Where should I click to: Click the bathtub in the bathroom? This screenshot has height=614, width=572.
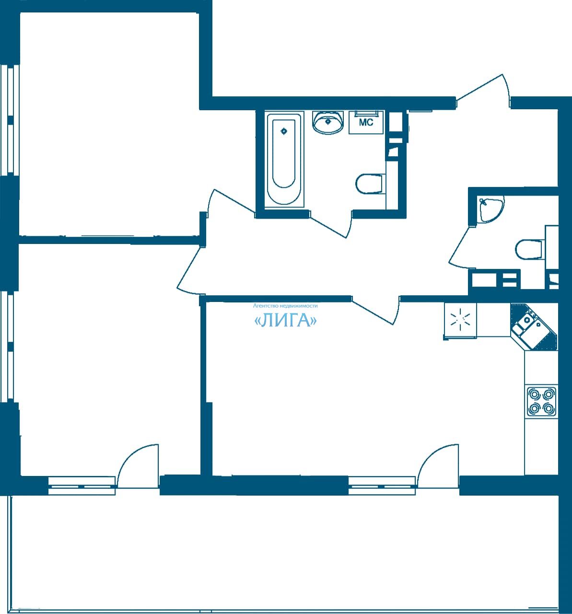(284, 160)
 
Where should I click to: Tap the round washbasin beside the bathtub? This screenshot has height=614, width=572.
(328, 122)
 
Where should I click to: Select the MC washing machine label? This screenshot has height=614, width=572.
(366, 122)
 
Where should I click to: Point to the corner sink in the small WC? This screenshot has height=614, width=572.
(490, 208)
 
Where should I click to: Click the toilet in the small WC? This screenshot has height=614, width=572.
(529, 249)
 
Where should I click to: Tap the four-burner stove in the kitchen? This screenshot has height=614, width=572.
(542, 401)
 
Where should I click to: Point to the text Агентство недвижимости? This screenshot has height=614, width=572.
(285, 306)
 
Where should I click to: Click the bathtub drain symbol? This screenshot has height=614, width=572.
(283, 131)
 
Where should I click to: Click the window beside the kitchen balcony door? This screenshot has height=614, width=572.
(382, 487)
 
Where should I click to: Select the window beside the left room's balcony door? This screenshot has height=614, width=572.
(82, 487)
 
